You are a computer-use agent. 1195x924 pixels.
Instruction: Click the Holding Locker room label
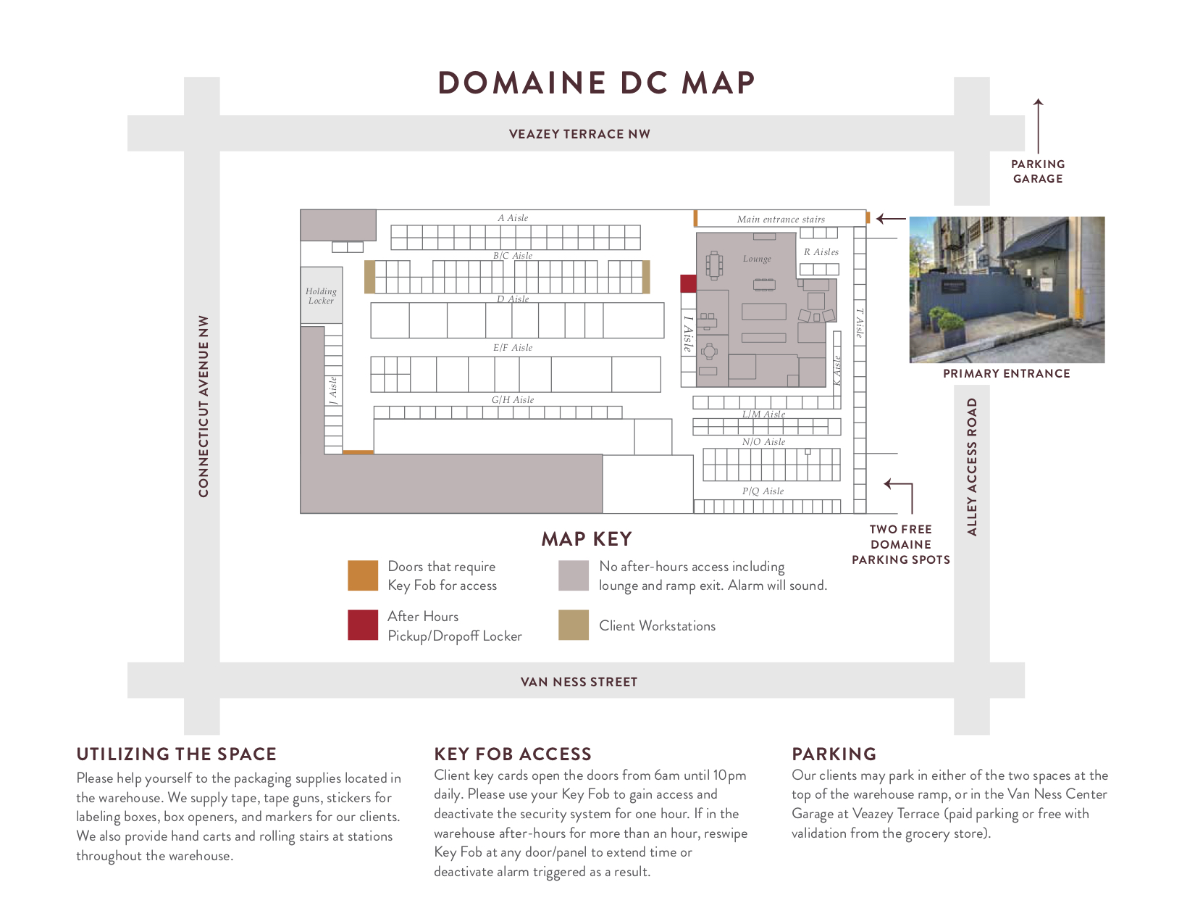coord(321,296)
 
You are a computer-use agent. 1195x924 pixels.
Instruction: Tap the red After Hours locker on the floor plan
coord(688,283)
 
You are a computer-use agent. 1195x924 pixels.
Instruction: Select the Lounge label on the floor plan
coord(757,259)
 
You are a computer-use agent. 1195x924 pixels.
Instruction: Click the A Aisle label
coord(513,218)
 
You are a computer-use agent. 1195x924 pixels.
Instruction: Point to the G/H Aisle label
coord(513,400)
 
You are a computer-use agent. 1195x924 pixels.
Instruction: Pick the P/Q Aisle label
coord(763,491)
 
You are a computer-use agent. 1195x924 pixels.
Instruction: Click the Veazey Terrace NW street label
coord(579,134)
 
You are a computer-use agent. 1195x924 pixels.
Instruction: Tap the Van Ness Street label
coord(579,682)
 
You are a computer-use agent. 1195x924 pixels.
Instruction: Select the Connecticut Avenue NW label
coord(204,406)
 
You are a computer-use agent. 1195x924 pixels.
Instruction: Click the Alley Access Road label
coord(972,467)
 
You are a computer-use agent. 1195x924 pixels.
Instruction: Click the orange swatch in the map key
coord(363,575)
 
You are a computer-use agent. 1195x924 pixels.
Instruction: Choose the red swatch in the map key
coord(363,625)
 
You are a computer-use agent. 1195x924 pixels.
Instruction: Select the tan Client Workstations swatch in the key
coord(574,625)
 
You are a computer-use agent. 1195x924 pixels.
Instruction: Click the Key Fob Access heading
coord(513,754)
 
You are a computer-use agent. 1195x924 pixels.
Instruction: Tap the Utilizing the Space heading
coord(177,754)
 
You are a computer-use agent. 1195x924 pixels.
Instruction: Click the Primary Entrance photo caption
coord(1006,374)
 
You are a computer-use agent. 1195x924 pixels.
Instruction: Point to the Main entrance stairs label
coord(781,220)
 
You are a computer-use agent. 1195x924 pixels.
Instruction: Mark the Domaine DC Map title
coord(597,83)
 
